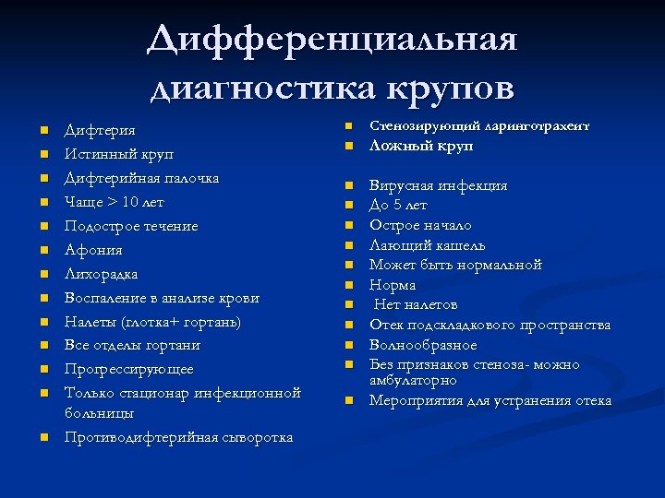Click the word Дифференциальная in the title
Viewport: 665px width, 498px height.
click(332, 41)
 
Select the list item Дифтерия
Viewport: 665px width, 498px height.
click(100, 130)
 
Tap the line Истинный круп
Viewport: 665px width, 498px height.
click(118, 154)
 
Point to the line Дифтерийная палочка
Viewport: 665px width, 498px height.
click(141, 178)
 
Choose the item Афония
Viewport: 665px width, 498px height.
click(93, 250)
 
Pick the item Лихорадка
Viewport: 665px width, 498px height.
click(102, 274)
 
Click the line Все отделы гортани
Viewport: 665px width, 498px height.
click(132, 345)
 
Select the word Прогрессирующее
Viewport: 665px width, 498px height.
click(129, 369)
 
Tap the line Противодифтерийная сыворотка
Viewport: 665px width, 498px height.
click(178, 436)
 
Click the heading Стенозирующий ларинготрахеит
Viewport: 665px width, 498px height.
click(478, 125)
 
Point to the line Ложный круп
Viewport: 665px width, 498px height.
click(421, 146)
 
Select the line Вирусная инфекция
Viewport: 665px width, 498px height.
click(438, 185)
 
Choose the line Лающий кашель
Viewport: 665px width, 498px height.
click(427, 245)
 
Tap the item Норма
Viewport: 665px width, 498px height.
click(393, 285)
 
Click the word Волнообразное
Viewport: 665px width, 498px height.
click(423, 345)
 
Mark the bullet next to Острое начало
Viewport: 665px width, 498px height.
click(350, 225)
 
